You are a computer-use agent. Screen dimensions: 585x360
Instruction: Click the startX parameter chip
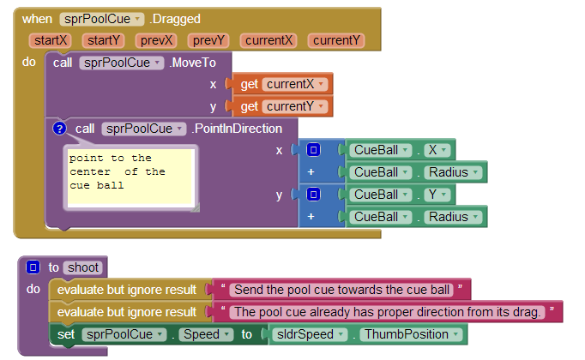51,40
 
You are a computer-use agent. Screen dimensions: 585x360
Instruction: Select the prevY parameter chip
208,40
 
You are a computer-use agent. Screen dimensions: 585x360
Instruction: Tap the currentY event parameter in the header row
336,40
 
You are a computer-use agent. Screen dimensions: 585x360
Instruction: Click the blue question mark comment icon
59,129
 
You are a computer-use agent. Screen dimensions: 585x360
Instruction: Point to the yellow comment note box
130,177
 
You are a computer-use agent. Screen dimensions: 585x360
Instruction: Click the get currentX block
282,84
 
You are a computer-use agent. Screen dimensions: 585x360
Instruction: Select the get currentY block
282,106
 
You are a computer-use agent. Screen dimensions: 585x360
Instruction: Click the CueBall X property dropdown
437,150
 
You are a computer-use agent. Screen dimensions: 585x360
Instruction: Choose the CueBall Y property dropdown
437,195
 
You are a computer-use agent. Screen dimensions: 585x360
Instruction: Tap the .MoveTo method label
192,63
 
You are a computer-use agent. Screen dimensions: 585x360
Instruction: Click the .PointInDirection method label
237,129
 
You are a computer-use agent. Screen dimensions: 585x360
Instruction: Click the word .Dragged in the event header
175,19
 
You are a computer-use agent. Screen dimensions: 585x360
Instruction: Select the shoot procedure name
83,267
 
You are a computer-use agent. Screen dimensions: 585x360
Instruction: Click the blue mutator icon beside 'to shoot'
33,267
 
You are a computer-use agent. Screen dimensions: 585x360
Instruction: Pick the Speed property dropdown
206,334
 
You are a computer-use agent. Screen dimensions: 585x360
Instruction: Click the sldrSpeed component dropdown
310,334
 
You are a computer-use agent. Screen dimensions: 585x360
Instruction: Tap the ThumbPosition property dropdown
411,334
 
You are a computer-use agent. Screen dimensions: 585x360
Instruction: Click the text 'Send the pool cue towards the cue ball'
341,290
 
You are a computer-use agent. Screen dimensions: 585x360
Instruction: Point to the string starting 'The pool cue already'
387,312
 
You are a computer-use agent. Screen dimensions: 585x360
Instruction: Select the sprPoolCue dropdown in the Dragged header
101,19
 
